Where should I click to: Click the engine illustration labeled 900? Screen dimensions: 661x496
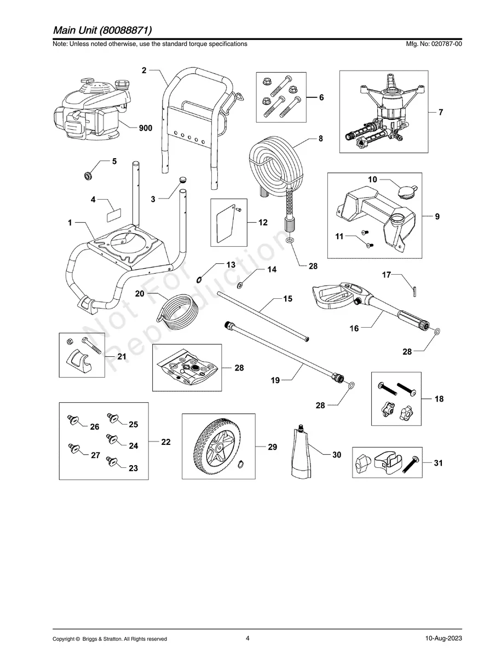[x=90, y=109]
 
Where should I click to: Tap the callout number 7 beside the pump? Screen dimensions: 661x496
[x=441, y=112]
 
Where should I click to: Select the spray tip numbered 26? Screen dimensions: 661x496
[x=71, y=420]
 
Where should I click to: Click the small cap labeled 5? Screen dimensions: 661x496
[x=86, y=175]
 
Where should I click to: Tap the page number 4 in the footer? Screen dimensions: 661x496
[x=248, y=638]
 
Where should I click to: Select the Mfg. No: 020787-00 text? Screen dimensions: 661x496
[x=431, y=44]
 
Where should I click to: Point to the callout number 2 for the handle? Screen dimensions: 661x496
[x=144, y=70]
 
